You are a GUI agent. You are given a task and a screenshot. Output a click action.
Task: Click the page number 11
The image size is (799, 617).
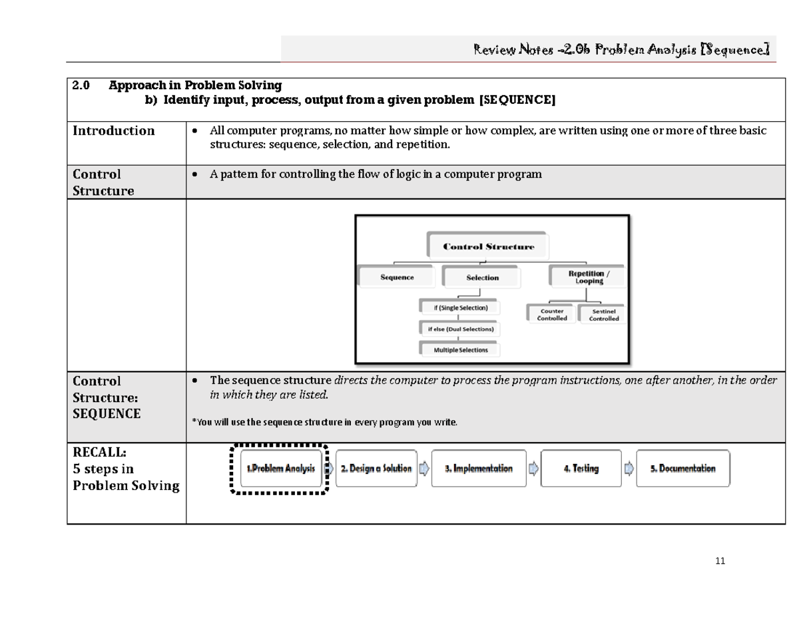[x=719, y=561]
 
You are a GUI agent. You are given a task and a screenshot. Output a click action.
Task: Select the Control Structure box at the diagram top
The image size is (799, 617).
[x=488, y=246]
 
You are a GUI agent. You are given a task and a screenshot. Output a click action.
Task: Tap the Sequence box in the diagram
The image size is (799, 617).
[x=397, y=278]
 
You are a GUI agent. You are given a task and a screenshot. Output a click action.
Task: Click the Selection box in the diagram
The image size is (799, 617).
[x=483, y=278]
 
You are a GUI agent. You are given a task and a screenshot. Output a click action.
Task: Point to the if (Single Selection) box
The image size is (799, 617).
[x=459, y=308]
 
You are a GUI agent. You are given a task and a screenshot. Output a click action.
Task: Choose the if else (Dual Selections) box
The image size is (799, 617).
[x=460, y=329]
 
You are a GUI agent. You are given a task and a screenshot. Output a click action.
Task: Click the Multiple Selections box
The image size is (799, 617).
[x=460, y=349]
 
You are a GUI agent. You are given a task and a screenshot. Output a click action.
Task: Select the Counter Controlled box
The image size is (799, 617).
[x=552, y=315]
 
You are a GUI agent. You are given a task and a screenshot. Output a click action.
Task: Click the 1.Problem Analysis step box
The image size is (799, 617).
[x=280, y=469]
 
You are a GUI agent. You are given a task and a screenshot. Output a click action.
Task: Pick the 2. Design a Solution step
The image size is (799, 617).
[x=376, y=469]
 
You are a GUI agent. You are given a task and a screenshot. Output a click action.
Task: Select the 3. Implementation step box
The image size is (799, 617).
[x=479, y=469]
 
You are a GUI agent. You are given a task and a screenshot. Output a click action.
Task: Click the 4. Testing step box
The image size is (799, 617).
[x=581, y=469]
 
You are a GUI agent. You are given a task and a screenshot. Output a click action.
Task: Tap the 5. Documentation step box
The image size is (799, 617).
[x=682, y=469]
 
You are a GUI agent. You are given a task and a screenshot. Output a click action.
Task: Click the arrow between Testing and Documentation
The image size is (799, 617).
[x=629, y=469]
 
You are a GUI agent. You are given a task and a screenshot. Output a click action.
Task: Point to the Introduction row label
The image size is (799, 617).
[x=114, y=131]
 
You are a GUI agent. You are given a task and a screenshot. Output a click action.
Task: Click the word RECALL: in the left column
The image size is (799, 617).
[x=99, y=452]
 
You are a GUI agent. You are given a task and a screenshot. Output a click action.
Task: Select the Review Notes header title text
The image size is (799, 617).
[x=621, y=49]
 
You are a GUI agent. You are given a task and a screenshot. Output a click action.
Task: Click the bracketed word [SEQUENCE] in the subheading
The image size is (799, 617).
[x=517, y=100]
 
